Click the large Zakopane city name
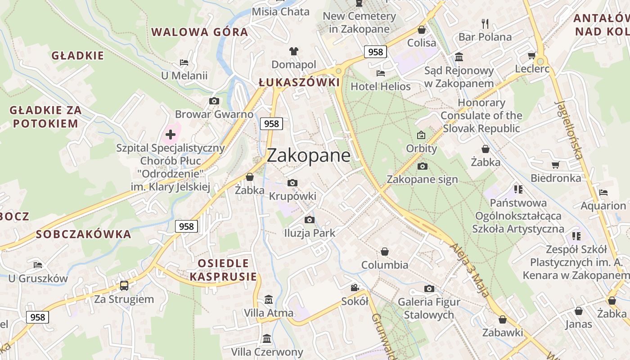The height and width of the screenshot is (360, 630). (308, 156)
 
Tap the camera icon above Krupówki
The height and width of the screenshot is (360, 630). (292, 183)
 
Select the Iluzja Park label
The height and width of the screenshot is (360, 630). (310, 233)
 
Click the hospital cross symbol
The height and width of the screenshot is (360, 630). (171, 134)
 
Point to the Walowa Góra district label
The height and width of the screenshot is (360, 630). (199, 32)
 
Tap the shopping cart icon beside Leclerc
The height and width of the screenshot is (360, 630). (531, 56)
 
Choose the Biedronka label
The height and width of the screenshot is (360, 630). (556, 178)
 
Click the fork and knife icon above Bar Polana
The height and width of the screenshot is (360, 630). (485, 23)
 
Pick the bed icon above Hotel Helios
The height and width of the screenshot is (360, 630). (381, 73)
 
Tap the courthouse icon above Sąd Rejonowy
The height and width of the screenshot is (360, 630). (459, 57)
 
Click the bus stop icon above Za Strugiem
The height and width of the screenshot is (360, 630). (124, 285)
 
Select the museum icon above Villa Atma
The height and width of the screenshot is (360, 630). (269, 299)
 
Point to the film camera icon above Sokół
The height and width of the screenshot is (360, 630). (355, 288)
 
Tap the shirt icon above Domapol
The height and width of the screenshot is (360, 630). (293, 51)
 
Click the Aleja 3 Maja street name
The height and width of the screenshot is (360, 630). (469, 270)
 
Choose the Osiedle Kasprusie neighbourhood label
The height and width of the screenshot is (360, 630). (223, 270)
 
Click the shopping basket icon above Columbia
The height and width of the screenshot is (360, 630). (385, 252)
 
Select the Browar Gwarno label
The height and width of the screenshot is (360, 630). (214, 114)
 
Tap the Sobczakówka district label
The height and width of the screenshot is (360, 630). (83, 234)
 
